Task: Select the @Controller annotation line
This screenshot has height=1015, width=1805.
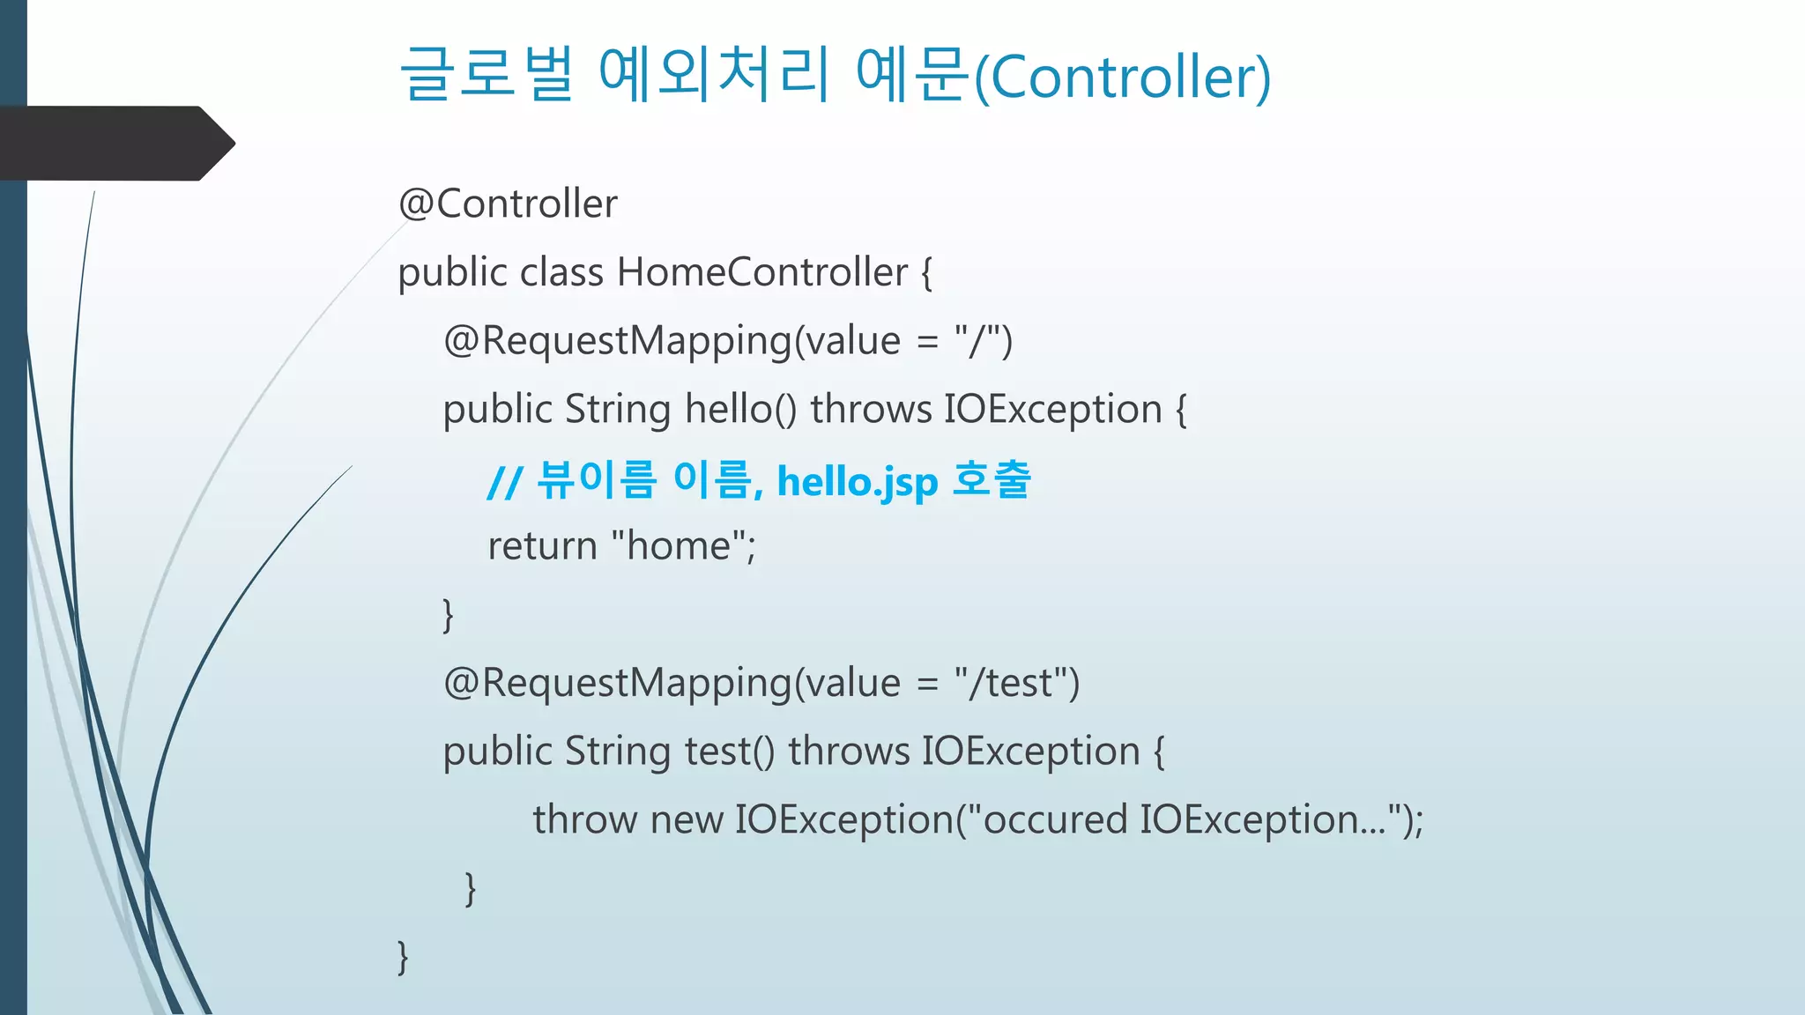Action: (508, 204)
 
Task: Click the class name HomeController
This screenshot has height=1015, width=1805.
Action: (762, 272)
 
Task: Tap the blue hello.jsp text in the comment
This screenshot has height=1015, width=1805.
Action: (858, 482)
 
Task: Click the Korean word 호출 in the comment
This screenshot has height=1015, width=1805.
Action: (992, 479)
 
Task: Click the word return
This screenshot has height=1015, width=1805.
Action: (543, 546)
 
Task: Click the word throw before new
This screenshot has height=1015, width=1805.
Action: (585, 820)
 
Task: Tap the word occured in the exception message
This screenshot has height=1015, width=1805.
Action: (1054, 820)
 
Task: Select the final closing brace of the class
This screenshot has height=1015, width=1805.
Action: (403, 957)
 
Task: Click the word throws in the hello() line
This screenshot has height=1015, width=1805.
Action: (871, 410)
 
